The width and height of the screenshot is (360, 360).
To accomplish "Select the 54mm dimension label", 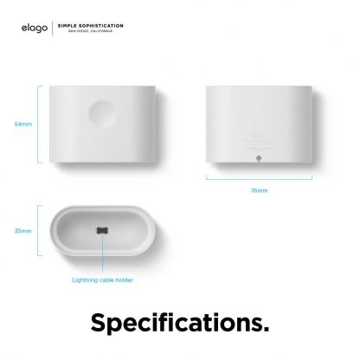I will pos(23,125).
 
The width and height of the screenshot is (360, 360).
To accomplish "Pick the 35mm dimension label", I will pos(23,232).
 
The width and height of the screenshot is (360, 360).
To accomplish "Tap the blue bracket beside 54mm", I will pos(40,125).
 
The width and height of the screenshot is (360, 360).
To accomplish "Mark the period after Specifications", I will pos(266,331).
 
